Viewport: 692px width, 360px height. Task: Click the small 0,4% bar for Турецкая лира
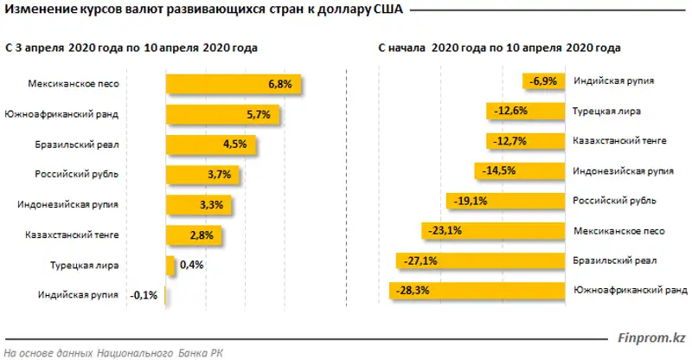(170, 265)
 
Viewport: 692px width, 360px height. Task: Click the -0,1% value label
(144, 295)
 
